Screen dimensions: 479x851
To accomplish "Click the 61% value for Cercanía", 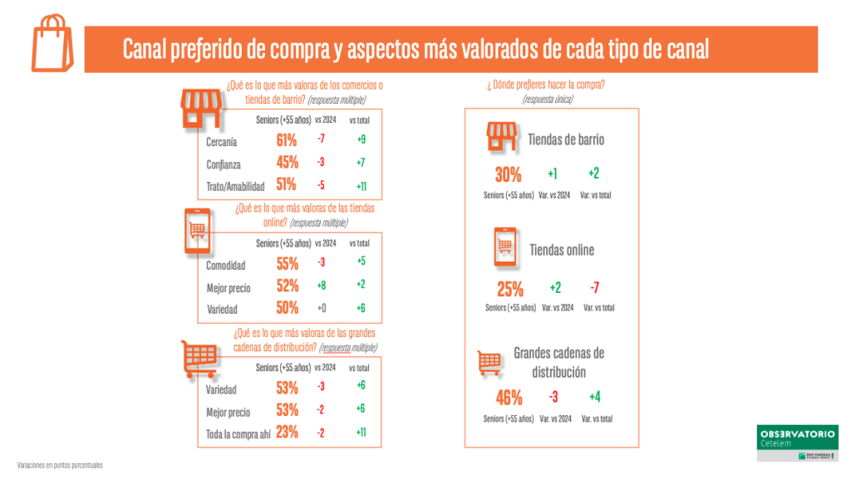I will pos(287,140).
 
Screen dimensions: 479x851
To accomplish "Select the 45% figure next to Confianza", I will pos(287,162).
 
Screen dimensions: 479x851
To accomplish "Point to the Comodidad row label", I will pos(225,266).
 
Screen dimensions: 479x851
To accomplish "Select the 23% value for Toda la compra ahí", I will pos(287,432).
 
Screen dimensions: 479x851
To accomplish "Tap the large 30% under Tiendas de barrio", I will pos(508,174).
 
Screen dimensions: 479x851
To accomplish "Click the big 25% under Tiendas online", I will pos(510,289).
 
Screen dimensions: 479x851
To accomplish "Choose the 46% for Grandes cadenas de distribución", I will pos(509,397).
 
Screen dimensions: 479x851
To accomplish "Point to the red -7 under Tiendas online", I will pos(593,288).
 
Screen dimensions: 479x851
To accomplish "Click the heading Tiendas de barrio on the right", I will pos(566,139).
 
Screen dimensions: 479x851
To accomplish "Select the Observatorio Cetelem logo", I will pos(798,442).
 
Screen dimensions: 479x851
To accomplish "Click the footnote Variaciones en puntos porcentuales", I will pos(60,465).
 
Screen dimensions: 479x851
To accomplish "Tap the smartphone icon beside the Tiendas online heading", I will pos(505,247).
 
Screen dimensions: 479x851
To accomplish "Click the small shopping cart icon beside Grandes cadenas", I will pos(489,361).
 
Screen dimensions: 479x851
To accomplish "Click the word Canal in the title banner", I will pos(145,50).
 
